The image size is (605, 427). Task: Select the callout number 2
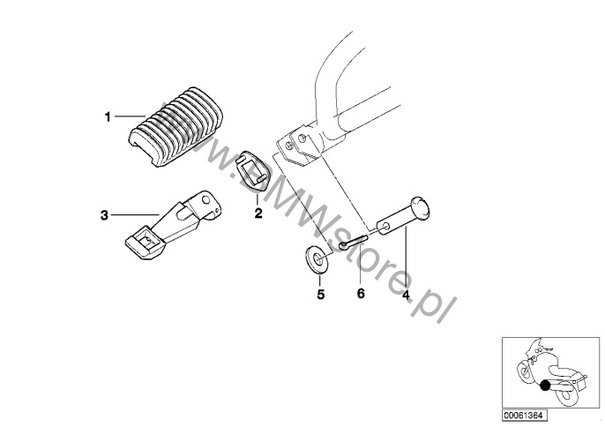pyautogui.click(x=258, y=213)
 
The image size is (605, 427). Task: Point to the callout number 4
pyautogui.click(x=406, y=295)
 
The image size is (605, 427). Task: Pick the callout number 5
pyautogui.click(x=321, y=295)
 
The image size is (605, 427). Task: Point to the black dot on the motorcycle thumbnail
pyautogui.click(x=546, y=384)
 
